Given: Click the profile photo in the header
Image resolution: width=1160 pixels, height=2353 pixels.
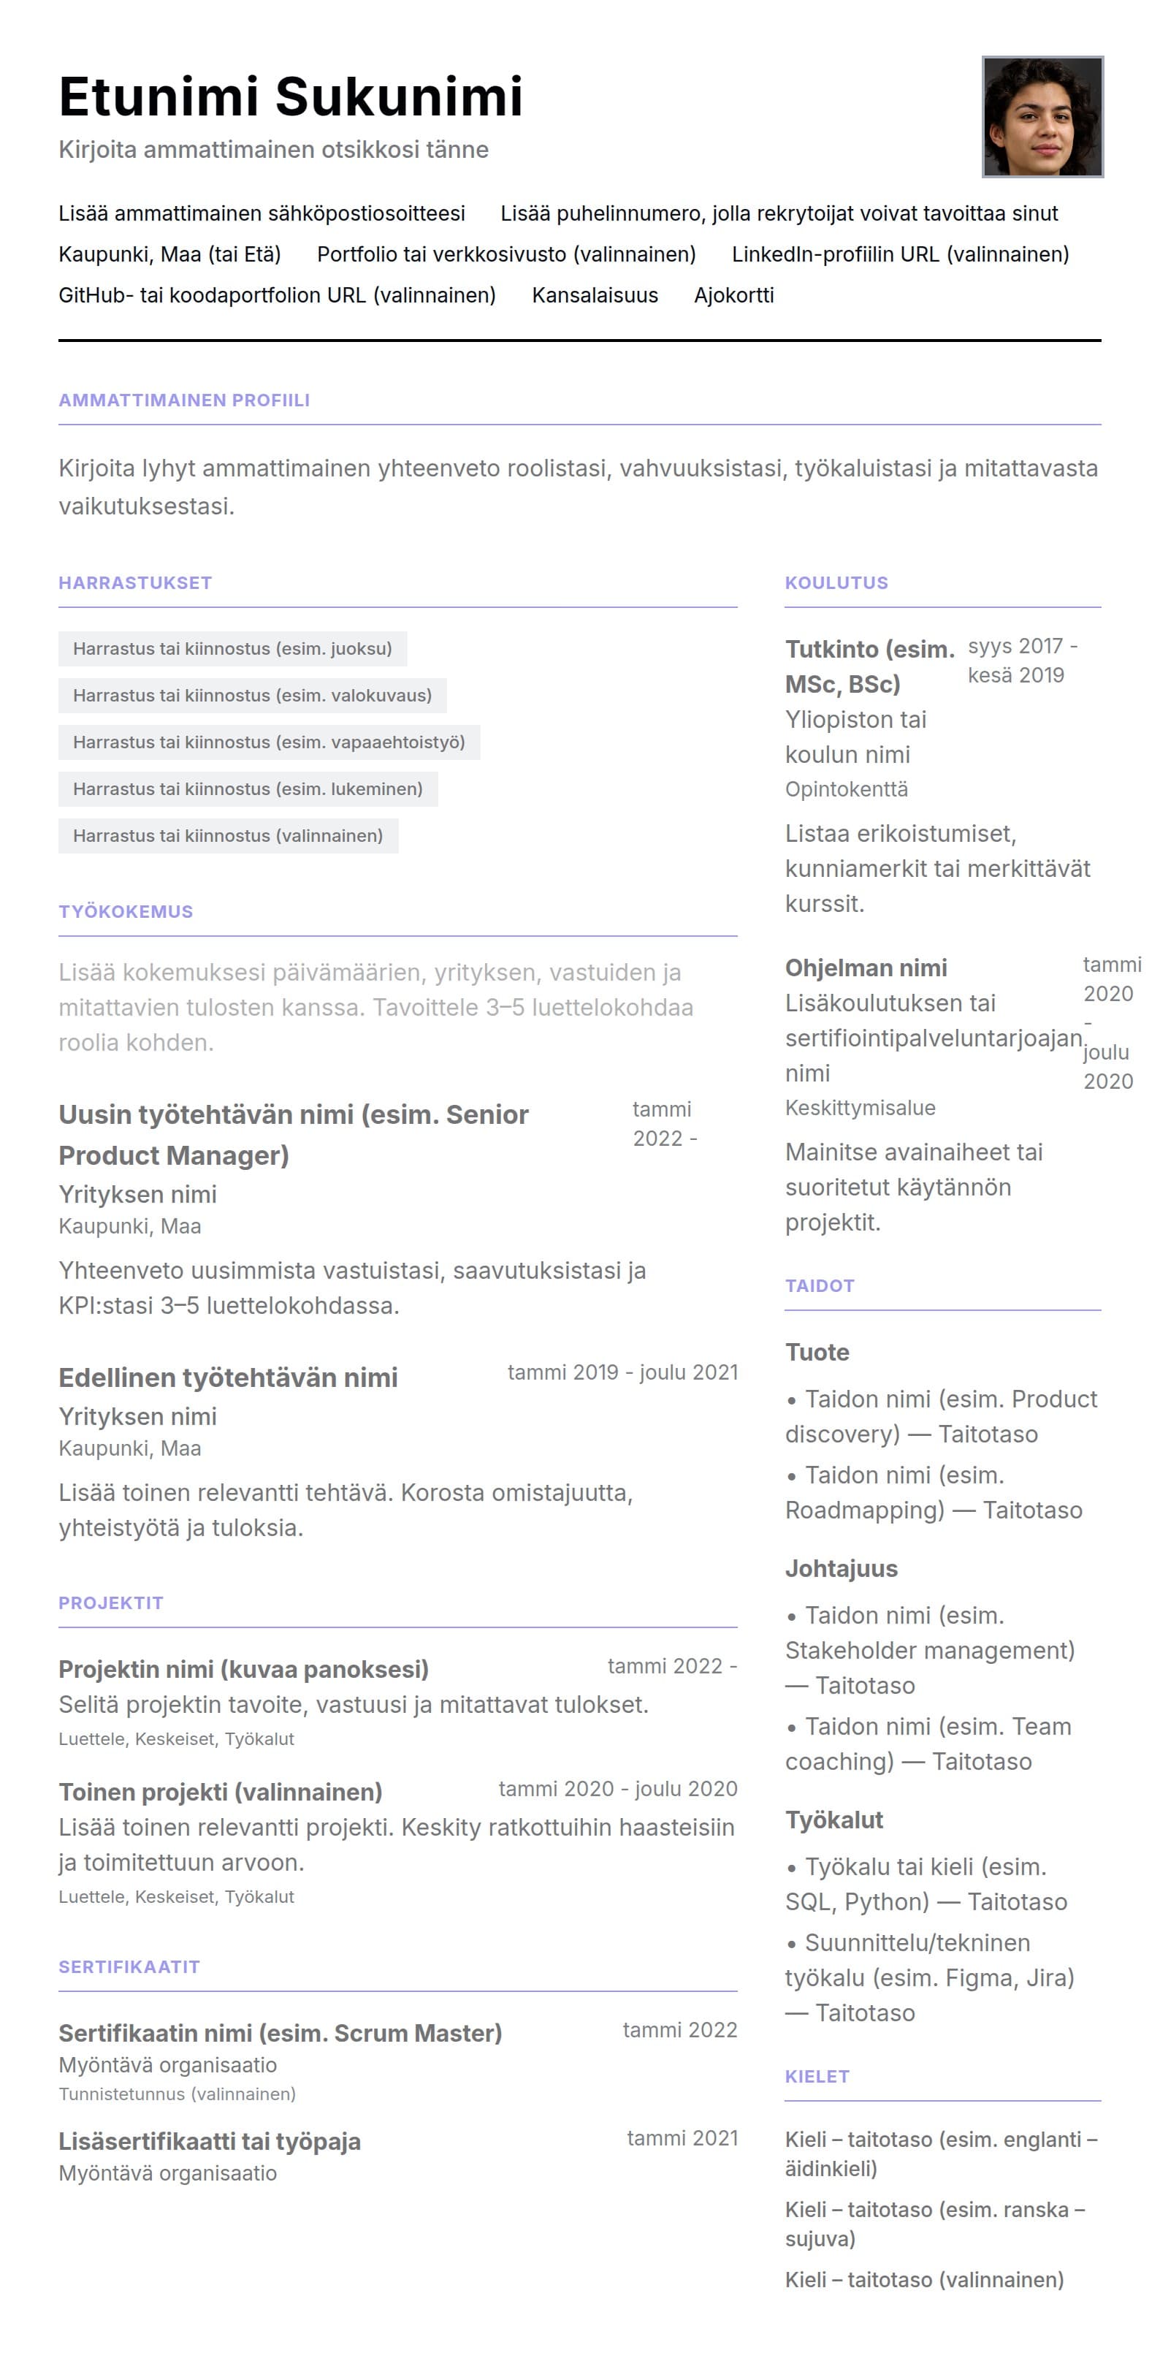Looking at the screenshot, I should point(1042,117).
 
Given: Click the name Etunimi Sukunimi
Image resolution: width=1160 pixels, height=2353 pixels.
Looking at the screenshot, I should point(291,96).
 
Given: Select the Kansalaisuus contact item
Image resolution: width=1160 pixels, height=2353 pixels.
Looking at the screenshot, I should point(595,295).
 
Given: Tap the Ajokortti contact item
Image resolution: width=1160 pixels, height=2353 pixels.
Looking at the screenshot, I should point(733,295).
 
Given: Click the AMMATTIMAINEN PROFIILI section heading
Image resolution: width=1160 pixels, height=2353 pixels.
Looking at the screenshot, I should point(183,400).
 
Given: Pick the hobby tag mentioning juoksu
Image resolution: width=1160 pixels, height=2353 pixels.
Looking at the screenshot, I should point(232,649).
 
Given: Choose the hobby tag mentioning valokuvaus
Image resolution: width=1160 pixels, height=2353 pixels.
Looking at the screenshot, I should point(252,695).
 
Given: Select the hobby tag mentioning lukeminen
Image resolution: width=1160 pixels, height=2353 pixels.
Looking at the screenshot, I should point(248,788).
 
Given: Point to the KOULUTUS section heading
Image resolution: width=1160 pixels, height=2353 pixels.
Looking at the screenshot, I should point(836,583).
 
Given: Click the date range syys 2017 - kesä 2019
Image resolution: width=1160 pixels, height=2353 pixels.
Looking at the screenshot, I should point(1021,661).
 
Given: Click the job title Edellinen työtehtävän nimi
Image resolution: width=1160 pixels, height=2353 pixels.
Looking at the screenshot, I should point(229,1377).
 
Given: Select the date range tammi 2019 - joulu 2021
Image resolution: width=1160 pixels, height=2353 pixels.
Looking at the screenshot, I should point(622,1372).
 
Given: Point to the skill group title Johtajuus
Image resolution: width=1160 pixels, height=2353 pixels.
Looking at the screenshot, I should point(842,1568).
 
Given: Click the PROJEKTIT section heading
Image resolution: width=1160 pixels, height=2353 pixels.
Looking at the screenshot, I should point(110,1603).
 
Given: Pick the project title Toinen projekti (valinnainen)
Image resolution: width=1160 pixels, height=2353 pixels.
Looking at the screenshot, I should point(220,1791).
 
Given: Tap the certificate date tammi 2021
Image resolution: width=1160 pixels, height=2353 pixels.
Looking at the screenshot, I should point(682,2138).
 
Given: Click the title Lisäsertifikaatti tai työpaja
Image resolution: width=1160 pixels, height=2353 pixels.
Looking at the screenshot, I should point(209,2141).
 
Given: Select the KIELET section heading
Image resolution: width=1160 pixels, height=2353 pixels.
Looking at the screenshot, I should point(817,2076).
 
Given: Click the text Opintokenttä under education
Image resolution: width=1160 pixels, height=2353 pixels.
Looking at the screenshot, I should point(846,789).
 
